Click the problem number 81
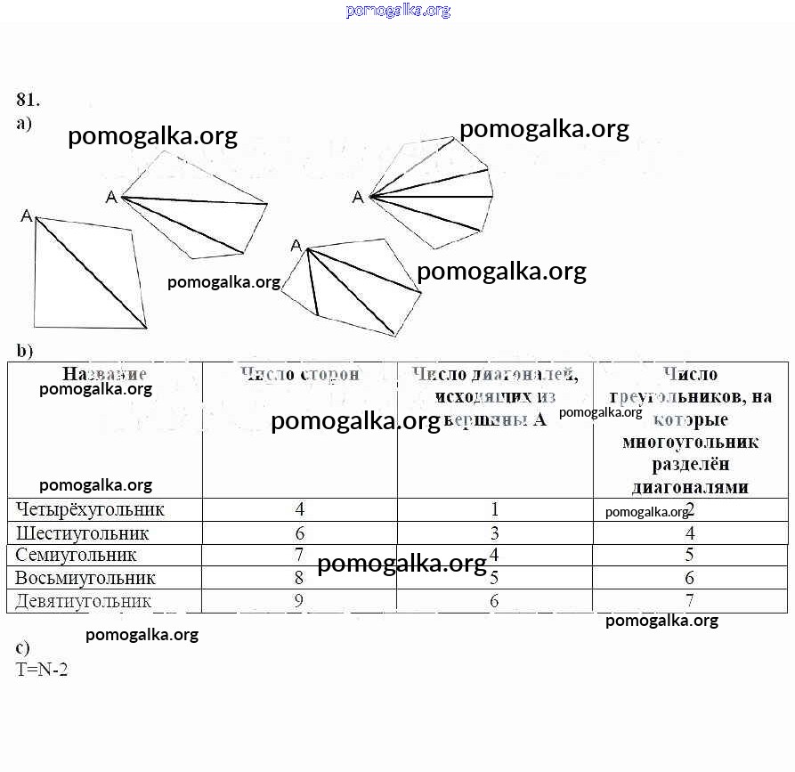point(28,99)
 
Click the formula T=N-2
point(42,669)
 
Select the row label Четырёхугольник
point(90,509)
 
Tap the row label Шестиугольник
point(82,533)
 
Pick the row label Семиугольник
point(76,556)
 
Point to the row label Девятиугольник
point(84,601)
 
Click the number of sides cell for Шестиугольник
point(300,533)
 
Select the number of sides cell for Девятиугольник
point(300,601)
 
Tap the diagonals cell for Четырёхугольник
point(495,509)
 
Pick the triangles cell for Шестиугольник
point(690,533)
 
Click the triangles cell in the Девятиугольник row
point(690,601)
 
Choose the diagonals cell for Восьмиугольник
point(495,578)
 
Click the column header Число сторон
point(300,375)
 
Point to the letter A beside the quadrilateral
point(27,215)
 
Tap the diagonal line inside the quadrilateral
point(91,272)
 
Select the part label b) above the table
point(24,351)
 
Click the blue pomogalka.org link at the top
point(398,11)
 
